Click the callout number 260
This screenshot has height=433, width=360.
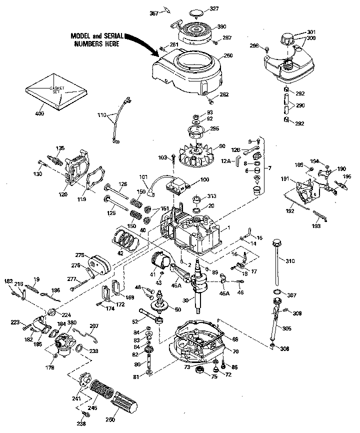229,55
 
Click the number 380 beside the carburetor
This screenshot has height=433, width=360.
72,323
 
